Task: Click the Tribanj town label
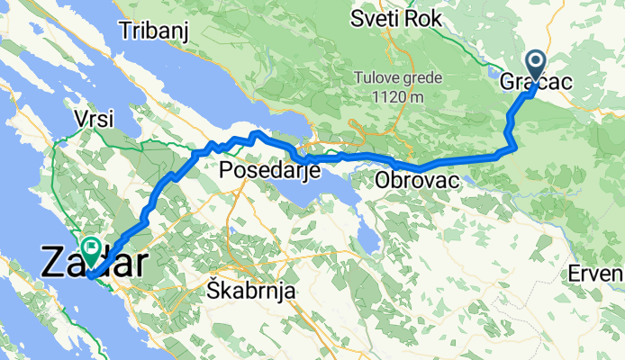[157, 31]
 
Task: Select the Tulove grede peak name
[397, 77]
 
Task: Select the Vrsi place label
[95, 121]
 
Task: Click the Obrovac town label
[417, 181]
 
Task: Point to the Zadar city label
[94, 263]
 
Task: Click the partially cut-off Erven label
[602, 274]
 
